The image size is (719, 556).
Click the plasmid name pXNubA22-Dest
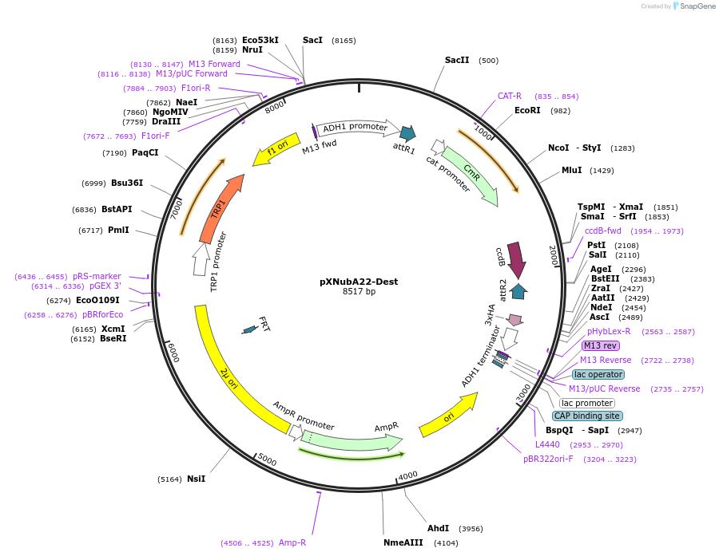(x=359, y=282)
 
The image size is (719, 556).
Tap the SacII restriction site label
(x=457, y=60)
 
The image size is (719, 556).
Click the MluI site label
(x=571, y=171)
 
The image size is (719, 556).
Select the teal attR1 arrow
(x=407, y=133)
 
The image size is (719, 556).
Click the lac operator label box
(x=598, y=374)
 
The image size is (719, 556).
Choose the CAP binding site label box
(x=587, y=416)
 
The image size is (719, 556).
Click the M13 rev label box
(x=601, y=345)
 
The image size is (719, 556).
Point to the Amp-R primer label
(x=292, y=542)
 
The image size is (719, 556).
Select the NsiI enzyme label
(x=196, y=479)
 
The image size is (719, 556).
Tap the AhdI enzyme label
(x=438, y=528)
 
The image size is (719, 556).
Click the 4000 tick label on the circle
(x=407, y=475)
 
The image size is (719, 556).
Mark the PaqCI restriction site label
(x=145, y=152)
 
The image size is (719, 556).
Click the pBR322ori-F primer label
(x=548, y=459)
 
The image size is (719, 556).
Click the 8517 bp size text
(x=359, y=292)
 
